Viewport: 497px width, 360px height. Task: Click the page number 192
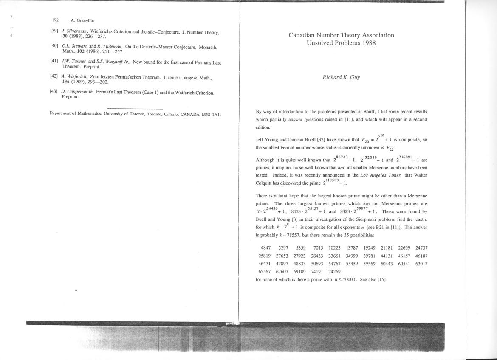point(55,20)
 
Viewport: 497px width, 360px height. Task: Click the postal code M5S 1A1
point(212,114)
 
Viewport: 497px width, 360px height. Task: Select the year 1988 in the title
point(367,43)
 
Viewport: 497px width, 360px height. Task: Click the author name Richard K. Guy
point(341,77)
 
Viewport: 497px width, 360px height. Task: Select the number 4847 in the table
point(266,248)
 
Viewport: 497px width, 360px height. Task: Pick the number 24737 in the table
point(421,248)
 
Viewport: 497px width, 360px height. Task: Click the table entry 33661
point(335,256)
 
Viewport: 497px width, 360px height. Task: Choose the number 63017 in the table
point(421,264)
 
